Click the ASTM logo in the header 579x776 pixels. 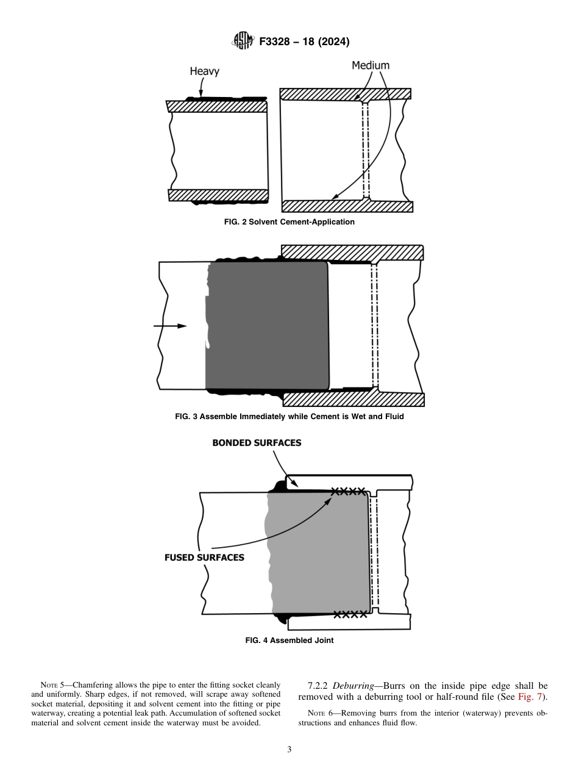[243, 41]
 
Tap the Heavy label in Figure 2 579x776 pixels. [204, 71]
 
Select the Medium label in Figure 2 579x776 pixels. [370, 65]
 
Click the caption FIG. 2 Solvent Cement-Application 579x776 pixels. [289, 222]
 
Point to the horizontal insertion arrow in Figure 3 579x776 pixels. [170, 326]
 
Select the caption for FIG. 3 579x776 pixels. [289, 417]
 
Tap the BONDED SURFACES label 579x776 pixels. [257, 443]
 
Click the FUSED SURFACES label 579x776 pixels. [204, 558]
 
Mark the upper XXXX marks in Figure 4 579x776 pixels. [348, 491]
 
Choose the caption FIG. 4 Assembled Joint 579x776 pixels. [289, 641]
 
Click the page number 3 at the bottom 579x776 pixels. [289, 749]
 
